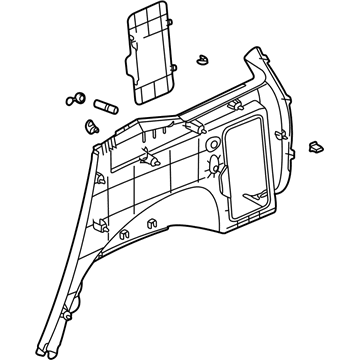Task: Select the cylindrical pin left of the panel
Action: (x=106, y=103)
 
